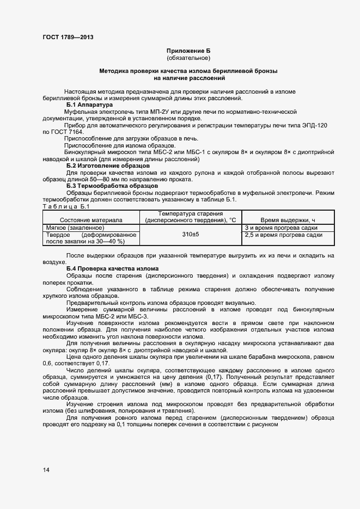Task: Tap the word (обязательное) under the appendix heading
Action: (188, 58)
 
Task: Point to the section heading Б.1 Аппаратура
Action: (89, 104)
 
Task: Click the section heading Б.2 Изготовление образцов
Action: (108, 165)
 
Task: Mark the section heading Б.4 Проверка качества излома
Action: (112, 269)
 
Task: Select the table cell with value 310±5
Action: (190, 235)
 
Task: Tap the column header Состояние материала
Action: (91, 219)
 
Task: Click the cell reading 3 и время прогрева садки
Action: (282, 228)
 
